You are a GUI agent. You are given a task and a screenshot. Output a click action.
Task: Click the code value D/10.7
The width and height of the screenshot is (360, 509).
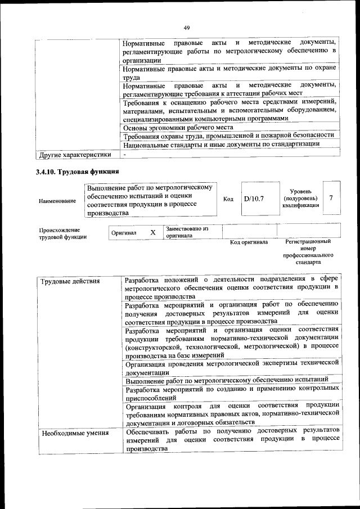click(x=254, y=199)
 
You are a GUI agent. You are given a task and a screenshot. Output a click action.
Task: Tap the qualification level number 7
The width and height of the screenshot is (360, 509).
click(x=331, y=198)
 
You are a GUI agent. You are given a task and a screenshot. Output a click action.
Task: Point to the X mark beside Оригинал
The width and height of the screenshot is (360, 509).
click(x=152, y=232)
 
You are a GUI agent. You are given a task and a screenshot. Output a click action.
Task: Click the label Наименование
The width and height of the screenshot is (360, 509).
click(x=57, y=200)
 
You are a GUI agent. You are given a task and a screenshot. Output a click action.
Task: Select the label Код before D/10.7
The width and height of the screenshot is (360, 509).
click(x=228, y=199)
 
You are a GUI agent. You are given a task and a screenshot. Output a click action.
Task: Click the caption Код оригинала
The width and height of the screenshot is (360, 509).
click(x=249, y=242)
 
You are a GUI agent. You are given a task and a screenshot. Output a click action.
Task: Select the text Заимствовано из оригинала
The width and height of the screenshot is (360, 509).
click(x=187, y=232)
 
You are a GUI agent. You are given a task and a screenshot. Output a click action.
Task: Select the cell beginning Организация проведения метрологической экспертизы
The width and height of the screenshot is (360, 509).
click(x=231, y=367)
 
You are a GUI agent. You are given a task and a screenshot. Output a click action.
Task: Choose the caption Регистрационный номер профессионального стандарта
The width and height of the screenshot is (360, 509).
click(x=308, y=252)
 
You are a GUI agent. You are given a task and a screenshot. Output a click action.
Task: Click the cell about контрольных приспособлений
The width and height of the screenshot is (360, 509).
click(x=231, y=393)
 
